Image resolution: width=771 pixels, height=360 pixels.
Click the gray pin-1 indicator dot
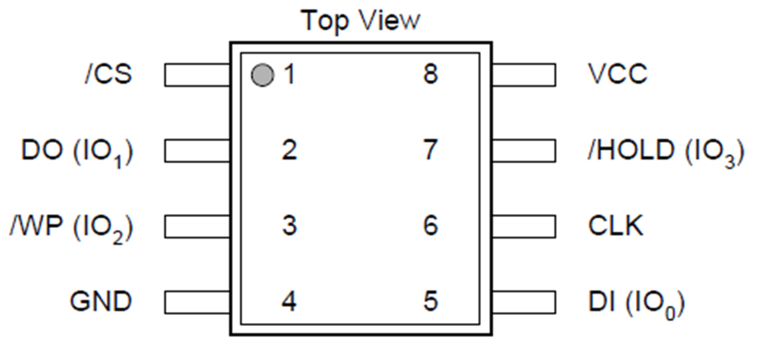(262, 75)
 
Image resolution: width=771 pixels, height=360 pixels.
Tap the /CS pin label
(109, 75)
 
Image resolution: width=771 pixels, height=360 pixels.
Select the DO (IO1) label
(77, 152)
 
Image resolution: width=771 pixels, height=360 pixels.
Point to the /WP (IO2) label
(71, 228)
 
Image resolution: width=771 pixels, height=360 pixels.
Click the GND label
(101, 302)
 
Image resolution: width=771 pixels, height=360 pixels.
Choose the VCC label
(618, 75)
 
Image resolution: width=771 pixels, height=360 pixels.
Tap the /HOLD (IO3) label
(666, 152)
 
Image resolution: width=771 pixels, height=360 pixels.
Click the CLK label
(615, 226)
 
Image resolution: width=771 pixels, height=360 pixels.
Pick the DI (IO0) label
(636, 303)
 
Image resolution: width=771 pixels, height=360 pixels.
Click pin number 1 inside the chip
(290, 75)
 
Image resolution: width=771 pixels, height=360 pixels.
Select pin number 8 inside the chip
(431, 75)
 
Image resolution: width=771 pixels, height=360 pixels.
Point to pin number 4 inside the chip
(289, 302)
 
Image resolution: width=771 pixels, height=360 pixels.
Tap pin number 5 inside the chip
(431, 302)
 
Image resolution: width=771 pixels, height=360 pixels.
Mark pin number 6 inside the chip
(431, 226)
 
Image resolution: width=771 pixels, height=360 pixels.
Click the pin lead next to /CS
(197, 75)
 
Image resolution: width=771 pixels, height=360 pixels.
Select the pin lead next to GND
(197, 302)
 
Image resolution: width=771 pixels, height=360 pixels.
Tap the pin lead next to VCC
(525, 75)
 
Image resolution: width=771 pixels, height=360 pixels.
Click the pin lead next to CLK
(525, 227)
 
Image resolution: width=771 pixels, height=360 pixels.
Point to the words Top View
(361, 21)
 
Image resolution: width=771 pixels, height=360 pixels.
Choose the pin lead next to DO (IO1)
(197, 151)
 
